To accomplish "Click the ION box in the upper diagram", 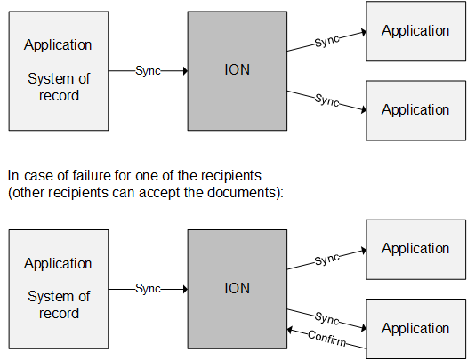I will point(237,70).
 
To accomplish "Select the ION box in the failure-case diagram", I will point(237,288).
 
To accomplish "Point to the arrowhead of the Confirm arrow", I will point(291,328).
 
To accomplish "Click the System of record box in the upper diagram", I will point(58,70).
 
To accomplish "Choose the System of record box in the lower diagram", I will point(58,288).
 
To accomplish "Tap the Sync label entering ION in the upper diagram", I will point(148,70).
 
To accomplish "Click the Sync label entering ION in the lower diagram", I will point(148,288).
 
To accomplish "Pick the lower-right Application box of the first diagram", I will point(415,110).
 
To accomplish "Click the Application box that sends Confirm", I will point(415,328).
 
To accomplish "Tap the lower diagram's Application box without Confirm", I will point(415,249).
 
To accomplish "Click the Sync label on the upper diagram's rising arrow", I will point(327,41).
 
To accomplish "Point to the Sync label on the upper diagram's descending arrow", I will point(327,100).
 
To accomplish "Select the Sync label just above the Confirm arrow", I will point(327,317).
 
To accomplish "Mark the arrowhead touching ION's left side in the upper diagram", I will point(183,70).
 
